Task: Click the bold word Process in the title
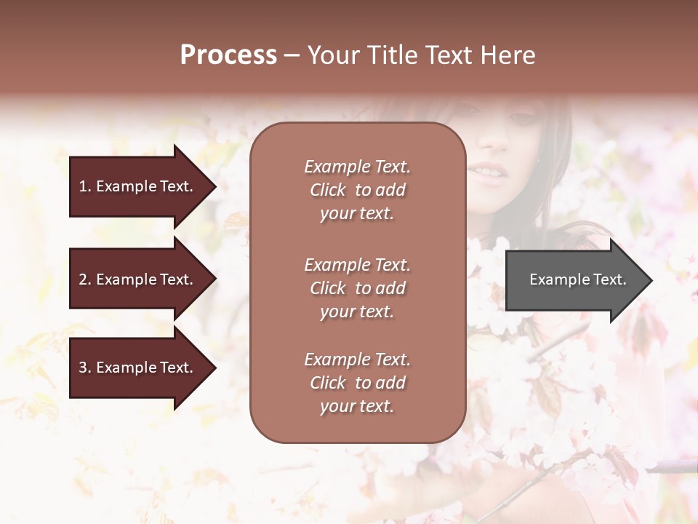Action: tap(228, 55)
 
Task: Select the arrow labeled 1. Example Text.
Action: tap(138, 186)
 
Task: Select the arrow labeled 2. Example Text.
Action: tap(138, 279)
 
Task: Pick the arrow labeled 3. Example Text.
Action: tap(138, 368)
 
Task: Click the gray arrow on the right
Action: tap(574, 279)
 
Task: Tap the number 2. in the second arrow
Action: tap(85, 279)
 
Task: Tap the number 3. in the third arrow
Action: tap(85, 368)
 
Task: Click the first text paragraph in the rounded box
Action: tap(357, 190)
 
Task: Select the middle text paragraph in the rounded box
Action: tap(357, 288)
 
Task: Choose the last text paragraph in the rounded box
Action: tap(357, 383)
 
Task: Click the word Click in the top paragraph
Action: tap(328, 190)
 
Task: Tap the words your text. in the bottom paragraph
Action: tap(357, 406)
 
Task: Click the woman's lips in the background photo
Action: tap(487, 173)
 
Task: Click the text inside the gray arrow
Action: tap(577, 279)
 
